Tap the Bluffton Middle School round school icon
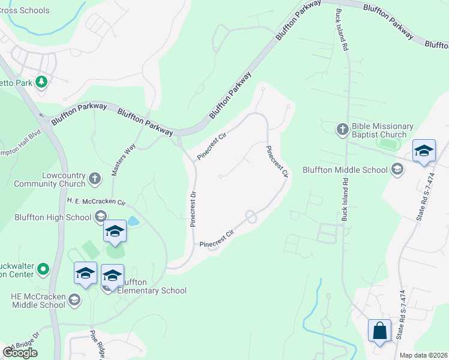click(396, 170)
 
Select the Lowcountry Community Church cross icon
click(94, 179)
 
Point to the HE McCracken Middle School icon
click(74, 299)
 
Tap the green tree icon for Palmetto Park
click(41, 82)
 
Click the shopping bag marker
click(379, 331)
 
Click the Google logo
click(20, 353)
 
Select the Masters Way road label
click(122, 160)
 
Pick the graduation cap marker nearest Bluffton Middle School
click(424, 152)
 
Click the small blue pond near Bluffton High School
click(133, 221)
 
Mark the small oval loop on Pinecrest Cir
click(250, 217)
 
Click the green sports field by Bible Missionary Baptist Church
click(391, 144)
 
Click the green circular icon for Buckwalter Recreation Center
click(43, 269)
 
